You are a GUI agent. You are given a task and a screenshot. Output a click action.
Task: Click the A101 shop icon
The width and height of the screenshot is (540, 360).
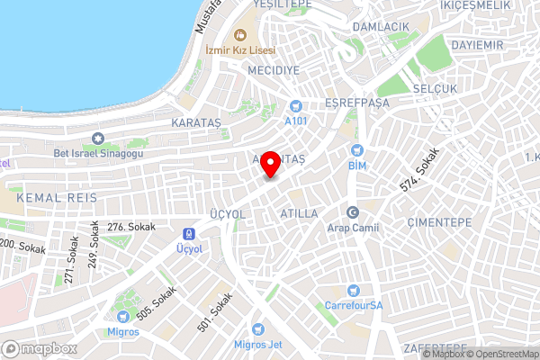pyautogui.click(x=295, y=106)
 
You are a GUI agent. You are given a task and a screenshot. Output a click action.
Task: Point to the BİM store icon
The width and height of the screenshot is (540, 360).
pyautogui.click(x=357, y=150)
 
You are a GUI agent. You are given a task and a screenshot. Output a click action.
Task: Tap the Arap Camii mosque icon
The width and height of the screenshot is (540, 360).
pyautogui.click(x=354, y=213)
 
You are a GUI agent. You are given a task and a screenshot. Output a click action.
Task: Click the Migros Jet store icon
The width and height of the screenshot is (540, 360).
pyautogui.click(x=258, y=329)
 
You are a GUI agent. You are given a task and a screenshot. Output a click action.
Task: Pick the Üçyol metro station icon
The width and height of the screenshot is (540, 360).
pyautogui.click(x=186, y=231)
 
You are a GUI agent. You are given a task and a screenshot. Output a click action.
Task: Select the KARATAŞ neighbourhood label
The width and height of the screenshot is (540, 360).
pyautogui.click(x=195, y=121)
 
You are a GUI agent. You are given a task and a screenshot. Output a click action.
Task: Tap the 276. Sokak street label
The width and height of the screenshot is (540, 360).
pyautogui.click(x=127, y=228)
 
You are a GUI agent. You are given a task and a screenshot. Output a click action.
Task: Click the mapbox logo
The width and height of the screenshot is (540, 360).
pyautogui.click(x=38, y=348)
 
